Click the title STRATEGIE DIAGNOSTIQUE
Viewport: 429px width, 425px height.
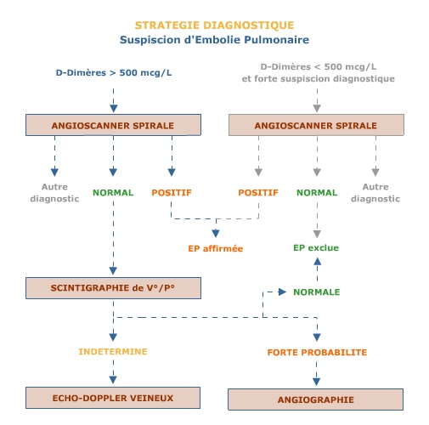pyautogui.click(x=214, y=25)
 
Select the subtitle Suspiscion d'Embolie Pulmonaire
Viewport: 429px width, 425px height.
pyautogui.click(x=214, y=40)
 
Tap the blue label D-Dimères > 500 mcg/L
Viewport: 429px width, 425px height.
pyautogui.click(x=114, y=73)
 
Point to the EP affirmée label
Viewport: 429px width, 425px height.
pyautogui.click(x=216, y=248)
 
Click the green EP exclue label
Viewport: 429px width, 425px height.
pyautogui.click(x=316, y=248)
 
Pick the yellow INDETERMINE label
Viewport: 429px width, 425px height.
pyautogui.click(x=113, y=352)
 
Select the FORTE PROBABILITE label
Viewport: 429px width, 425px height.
pyautogui.click(x=317, y=353)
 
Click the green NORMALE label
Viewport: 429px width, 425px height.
pyautogui.click(x=317, y=292)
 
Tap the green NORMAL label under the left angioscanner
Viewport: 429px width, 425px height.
pyautogui.click(x=113, y=193)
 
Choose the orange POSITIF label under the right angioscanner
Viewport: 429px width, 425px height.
pyautogui.click(x=258, y=193)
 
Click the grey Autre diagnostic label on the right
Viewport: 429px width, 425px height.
pyautogui.click(x=375, y=193)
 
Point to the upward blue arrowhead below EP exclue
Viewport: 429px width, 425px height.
pyautogui.click(x=317, y=261)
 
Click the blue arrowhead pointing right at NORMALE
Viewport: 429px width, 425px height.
pyautogui.click(x=282, y=292)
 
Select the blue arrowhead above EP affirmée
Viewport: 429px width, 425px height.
pyautogui.click(x=216, y=233)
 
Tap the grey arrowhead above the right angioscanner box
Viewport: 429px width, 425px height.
pyautogui.click(x=317, y=108)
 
